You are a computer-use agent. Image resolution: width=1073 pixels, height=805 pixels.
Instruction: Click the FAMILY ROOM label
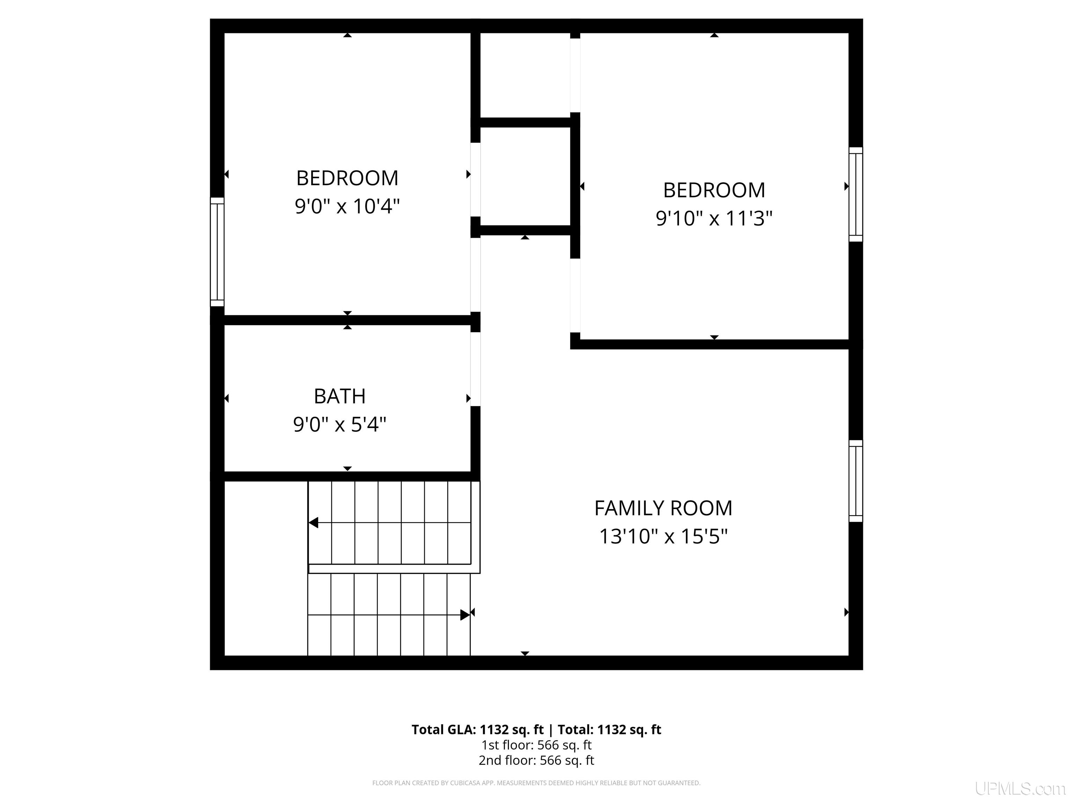(663, 508)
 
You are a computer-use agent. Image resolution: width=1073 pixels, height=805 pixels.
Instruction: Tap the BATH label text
(340, 397)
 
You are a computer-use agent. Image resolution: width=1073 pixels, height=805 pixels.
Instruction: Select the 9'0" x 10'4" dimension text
(347, 206)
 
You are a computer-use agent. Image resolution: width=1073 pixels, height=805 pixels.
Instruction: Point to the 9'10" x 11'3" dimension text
(714, 218)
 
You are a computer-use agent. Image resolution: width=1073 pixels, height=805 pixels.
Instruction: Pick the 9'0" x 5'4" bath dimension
(340, 425)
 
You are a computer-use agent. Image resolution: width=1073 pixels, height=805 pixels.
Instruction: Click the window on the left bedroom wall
(217, 252)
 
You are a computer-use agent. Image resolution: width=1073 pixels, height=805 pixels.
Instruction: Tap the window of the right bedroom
(856, 194)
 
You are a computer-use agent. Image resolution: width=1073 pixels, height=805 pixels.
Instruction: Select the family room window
(856, 481)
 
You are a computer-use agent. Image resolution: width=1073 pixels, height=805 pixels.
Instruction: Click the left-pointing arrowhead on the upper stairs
(313, 523)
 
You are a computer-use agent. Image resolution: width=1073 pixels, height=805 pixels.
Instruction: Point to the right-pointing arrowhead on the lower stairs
(465, 615)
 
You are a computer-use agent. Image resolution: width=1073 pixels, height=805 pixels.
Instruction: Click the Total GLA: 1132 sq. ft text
(478, 730)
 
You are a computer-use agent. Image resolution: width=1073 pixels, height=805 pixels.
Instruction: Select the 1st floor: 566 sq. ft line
(536, 745)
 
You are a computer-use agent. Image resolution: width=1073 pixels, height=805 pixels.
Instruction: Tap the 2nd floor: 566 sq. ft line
(536, 760)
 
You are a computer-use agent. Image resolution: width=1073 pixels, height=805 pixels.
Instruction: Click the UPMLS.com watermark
(1020, 789)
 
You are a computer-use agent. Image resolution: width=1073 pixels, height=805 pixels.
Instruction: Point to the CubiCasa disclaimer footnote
(536, 783)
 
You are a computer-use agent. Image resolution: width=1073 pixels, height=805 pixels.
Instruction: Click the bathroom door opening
(475, 369)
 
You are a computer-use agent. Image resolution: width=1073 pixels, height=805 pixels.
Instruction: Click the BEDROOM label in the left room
(347, 178)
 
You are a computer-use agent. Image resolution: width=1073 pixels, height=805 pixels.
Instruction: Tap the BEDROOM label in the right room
(714, 190)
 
